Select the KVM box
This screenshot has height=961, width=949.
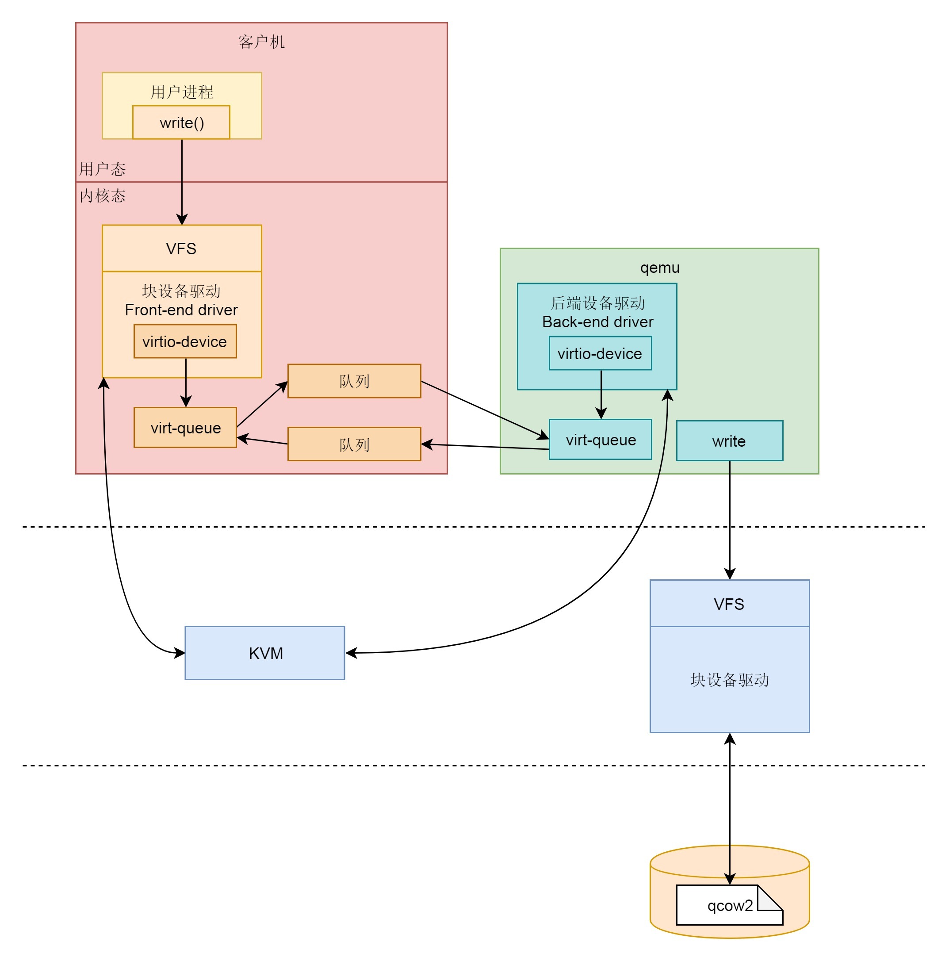264,653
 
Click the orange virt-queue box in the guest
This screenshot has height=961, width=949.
185,428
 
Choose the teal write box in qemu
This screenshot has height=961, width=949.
729,441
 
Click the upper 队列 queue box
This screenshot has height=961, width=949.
354,382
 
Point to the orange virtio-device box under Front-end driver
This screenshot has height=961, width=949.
185,342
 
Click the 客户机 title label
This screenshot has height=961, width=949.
262,42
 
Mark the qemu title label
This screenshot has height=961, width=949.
659,268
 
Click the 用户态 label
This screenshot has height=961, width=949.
103,169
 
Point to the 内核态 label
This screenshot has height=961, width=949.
103,196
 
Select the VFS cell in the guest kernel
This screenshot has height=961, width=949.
182,249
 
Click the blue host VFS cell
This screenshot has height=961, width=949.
729,604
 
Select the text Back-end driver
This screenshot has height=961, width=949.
597,322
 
